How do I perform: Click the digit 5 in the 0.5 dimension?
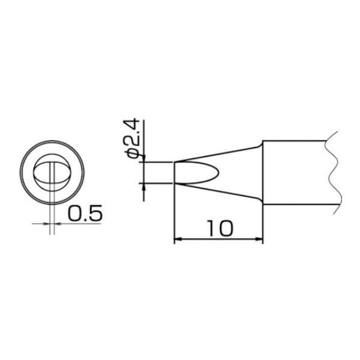tap(95, 213)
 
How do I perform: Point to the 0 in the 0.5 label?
tap(74, 213)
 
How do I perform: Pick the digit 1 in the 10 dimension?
tap(211, 228)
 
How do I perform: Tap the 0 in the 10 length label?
tap(225, 228)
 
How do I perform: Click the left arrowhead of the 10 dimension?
tap(178, 239)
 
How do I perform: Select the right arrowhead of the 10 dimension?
tap(259, 239)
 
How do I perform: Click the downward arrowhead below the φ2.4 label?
tap(144, 158)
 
